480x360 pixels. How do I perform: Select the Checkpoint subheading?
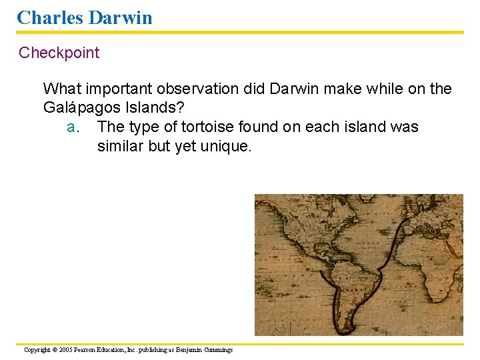coord(59,53)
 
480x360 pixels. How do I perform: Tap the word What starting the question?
coord(63,89)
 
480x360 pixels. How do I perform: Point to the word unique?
coord(227,146)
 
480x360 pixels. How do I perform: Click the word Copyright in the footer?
coord(37,349)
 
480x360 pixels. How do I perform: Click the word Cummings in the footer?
coord(216,349)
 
